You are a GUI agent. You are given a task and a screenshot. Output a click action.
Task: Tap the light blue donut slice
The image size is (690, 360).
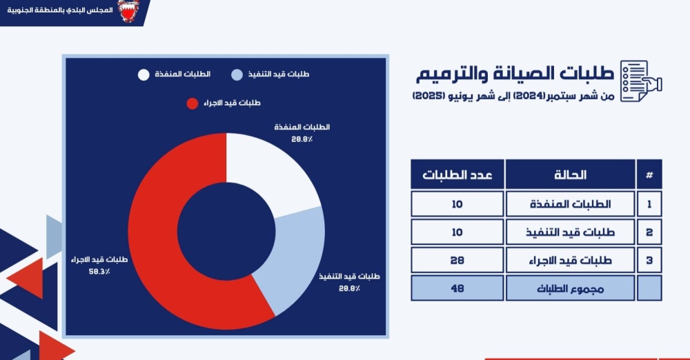295,260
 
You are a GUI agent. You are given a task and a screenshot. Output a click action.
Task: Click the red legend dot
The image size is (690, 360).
193,103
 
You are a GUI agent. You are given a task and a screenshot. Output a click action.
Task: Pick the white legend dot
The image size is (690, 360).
144,74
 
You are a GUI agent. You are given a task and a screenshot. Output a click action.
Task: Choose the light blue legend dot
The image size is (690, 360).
237,74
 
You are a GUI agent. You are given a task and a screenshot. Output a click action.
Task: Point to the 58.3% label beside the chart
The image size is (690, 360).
99,272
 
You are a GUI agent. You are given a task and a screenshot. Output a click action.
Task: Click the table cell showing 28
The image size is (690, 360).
457,260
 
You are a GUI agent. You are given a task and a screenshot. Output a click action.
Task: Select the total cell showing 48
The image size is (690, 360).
457,288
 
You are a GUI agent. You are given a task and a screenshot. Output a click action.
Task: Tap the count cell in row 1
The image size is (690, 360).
457,203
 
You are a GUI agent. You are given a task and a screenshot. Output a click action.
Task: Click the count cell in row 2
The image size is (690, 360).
457,232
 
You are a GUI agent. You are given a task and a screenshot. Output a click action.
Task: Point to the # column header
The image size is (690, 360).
649,174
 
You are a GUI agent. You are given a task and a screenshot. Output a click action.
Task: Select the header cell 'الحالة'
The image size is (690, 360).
571,174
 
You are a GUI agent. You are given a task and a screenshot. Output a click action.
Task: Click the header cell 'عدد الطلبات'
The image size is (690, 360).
457,174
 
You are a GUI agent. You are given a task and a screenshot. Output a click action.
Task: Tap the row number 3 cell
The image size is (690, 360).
649,260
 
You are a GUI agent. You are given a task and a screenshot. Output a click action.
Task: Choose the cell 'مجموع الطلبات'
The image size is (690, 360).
571,288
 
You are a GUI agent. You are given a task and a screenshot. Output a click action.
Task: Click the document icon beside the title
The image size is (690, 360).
641,81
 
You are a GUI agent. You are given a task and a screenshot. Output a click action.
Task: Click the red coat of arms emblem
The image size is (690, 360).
128,10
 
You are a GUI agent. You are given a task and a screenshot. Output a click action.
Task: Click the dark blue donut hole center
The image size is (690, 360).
226,231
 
